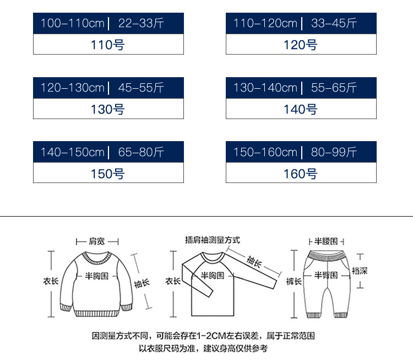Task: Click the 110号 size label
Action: (108, 45)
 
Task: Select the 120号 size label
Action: (301, 45)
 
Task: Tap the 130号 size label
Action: (108, 109)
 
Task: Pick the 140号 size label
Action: (301, 109)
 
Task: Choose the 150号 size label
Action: (108, 174)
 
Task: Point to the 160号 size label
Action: (301, 174)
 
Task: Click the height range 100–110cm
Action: (72, 24)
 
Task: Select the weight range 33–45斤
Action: (334, 24)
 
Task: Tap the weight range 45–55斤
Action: (141, 88)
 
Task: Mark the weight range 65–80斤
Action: (141, 152)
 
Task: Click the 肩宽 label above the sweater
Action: (97, 241)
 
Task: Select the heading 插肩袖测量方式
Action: (213, 240)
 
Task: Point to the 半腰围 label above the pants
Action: (326, 241)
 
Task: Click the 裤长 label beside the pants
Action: (294, 281)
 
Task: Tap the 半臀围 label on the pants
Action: (325, 275)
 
